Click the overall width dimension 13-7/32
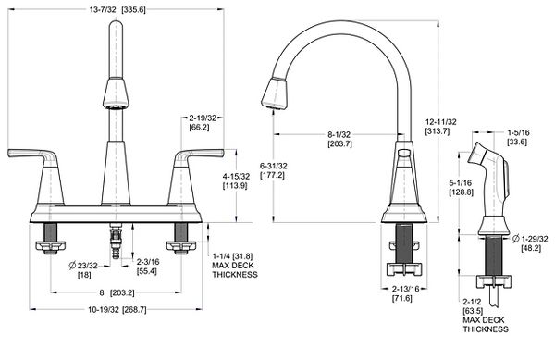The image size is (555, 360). (x=103, y=9)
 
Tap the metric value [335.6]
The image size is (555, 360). (x=133, y=9)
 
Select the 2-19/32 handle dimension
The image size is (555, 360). (x=203, y=118)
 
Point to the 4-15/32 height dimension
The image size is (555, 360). (x=236, y=176)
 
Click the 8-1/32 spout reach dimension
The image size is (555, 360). (x=339, y=134)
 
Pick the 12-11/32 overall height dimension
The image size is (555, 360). (x=440, y=122)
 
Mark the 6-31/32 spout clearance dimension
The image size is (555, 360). (x=273, y=166)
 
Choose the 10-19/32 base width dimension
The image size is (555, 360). (x=104, y=309)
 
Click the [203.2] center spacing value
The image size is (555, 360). (x=122, y=292)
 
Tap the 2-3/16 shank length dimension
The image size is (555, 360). (x=148, y=262)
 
